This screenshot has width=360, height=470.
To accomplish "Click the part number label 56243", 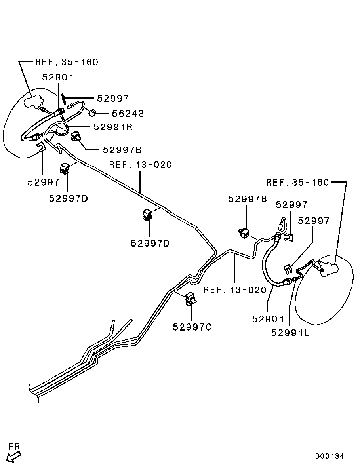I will click(128, 114).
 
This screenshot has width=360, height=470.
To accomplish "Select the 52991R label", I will click(113, 127).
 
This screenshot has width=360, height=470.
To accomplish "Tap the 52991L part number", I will click(290, 333).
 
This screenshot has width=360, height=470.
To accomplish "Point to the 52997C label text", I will click(192, 327).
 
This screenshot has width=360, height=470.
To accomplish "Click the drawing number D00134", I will click(330, 456).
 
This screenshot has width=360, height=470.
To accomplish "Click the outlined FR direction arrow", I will click(14, 457).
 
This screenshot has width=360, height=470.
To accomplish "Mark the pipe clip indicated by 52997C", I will click(191, 299).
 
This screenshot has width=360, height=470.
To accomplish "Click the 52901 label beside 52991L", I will click(268, 318).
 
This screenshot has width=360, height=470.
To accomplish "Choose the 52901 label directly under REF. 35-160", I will click(58, 78).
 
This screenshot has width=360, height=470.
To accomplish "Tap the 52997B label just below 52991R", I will click(122, 150).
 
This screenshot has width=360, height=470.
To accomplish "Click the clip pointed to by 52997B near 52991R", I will click(76, 137).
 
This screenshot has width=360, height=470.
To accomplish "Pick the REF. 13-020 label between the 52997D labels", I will click(141, 165).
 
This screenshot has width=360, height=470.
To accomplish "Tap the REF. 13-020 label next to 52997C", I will click(235, 290).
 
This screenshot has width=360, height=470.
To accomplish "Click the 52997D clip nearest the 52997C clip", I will click(147, 215).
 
